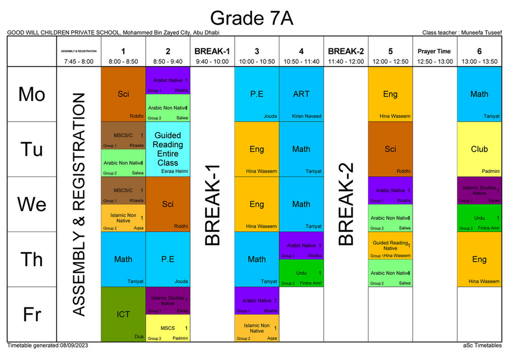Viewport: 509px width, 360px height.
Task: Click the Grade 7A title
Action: [x=251, y=18]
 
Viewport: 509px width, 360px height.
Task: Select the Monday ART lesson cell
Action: [x=301, y=94]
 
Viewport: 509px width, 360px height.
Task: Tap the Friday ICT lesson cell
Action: [x=123, y=314]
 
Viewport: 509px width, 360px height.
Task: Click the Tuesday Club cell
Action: [x=479, y=149]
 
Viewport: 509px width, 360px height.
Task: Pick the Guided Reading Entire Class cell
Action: [x=168, y=149]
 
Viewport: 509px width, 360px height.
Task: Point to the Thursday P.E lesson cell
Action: [x=168, y=259]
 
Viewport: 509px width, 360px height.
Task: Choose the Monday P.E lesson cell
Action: [x=257, y=94]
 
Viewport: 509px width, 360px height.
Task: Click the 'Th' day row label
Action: [x=32, y=259]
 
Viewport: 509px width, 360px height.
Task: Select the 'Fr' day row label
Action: [x=32, y=314]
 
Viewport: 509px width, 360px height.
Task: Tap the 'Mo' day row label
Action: [x=32, y=94]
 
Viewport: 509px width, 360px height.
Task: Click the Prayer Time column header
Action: [x=435, y=51]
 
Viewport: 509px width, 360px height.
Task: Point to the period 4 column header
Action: [x=301, y=51]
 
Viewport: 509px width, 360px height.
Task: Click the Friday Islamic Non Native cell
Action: [x=257, y=328]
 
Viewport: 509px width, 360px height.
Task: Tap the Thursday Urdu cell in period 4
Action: [x=301, y=273]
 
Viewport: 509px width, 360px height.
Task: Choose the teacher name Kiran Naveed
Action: [x=306, y=116]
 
